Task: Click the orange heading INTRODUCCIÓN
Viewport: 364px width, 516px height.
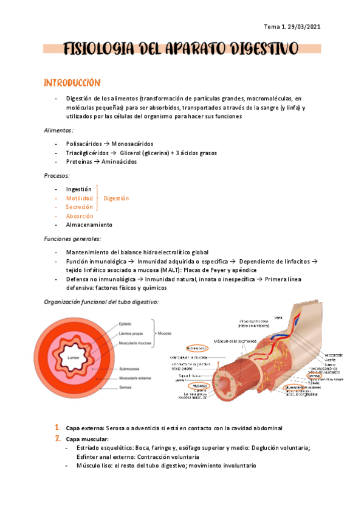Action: coord(72,82)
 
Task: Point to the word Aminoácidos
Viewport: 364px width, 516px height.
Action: coord(118,162)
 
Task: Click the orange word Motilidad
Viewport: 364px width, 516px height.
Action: coord(80,198)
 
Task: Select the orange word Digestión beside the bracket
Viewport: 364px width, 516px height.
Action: coord(116,198)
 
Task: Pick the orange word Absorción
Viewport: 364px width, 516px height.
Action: coord(80,216)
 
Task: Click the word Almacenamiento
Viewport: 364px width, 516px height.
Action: coord(89,225)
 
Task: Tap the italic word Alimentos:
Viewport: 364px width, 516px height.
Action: coord(59,130)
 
